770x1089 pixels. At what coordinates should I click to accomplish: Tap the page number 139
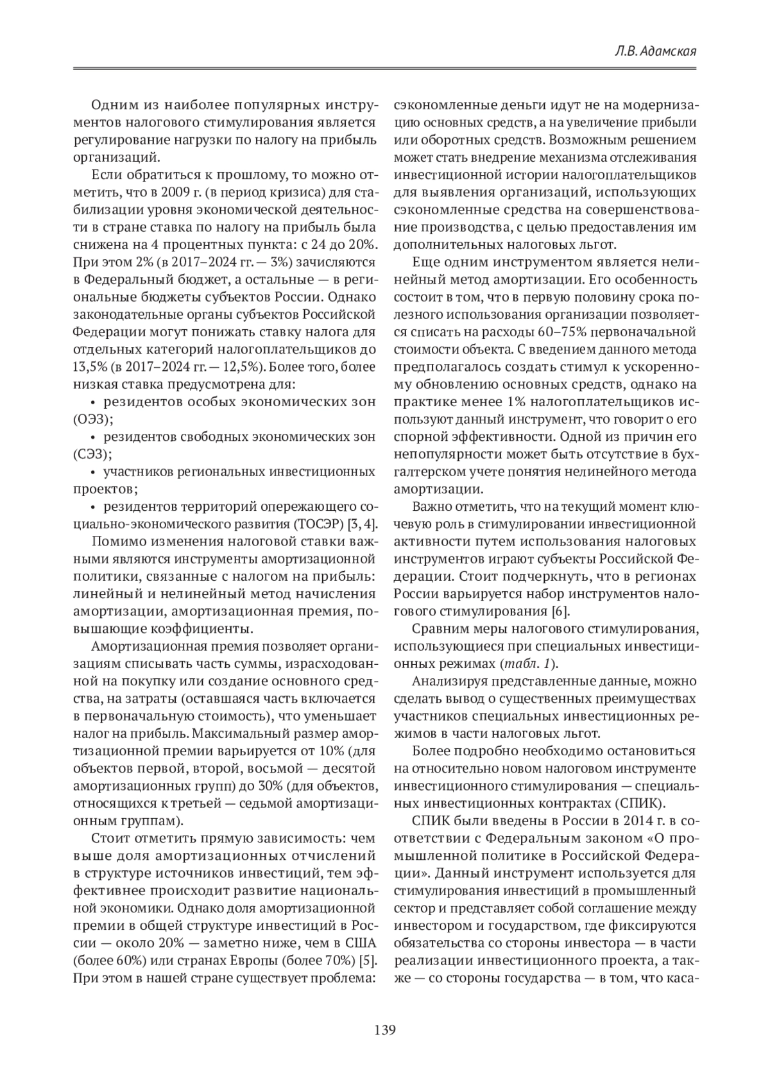(x=385, y=1030)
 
